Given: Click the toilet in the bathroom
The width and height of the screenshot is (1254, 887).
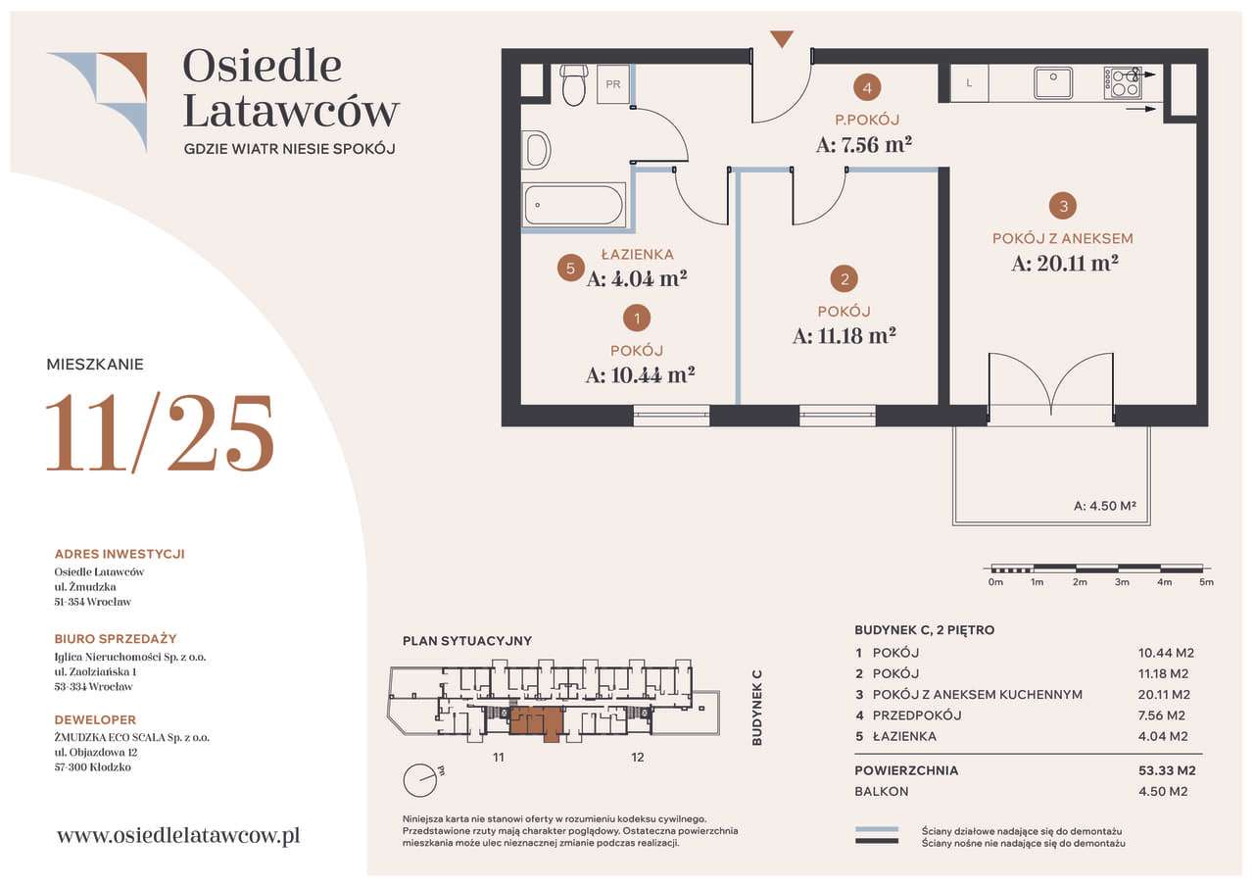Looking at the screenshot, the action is tap(574, 84).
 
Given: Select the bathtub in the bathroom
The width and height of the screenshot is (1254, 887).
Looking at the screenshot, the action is tap(574, 205).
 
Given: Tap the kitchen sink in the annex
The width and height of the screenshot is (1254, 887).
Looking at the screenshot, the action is tap(1052, 83).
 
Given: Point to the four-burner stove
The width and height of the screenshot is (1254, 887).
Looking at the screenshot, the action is tap(1123, 83).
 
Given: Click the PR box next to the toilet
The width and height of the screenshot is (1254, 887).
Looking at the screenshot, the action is tap(613, 84).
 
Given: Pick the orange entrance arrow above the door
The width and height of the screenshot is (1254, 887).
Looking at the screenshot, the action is tap(782, 39).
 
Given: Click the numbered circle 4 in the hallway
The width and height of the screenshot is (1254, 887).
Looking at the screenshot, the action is tap(867, 87).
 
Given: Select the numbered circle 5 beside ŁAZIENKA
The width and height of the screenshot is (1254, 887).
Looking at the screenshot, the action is tap(570, 269).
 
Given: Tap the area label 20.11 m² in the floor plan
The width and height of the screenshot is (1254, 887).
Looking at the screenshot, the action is tap(1065, 264).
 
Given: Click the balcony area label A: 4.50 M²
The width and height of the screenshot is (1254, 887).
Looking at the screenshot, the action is tap(1104, 506).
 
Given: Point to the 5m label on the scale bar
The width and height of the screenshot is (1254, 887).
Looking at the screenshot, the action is tap(1206, 582).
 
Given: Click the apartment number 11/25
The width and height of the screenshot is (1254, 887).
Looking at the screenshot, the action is tap(160, 432).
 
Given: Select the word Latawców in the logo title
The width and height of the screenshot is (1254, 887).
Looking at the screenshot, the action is tap(291, 111).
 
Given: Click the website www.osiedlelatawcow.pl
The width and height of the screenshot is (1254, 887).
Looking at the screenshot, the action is tap(178, 835).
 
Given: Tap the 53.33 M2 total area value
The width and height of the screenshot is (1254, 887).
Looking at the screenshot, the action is tap(1167, 770).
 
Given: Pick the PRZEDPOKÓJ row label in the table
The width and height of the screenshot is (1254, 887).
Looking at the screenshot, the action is tap(917, 715).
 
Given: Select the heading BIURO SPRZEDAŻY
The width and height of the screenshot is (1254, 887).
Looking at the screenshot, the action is tap(116, 638).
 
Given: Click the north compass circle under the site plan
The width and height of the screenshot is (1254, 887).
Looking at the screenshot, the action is tap(420, 780).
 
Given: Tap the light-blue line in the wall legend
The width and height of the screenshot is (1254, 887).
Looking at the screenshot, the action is tap(877, 830).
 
